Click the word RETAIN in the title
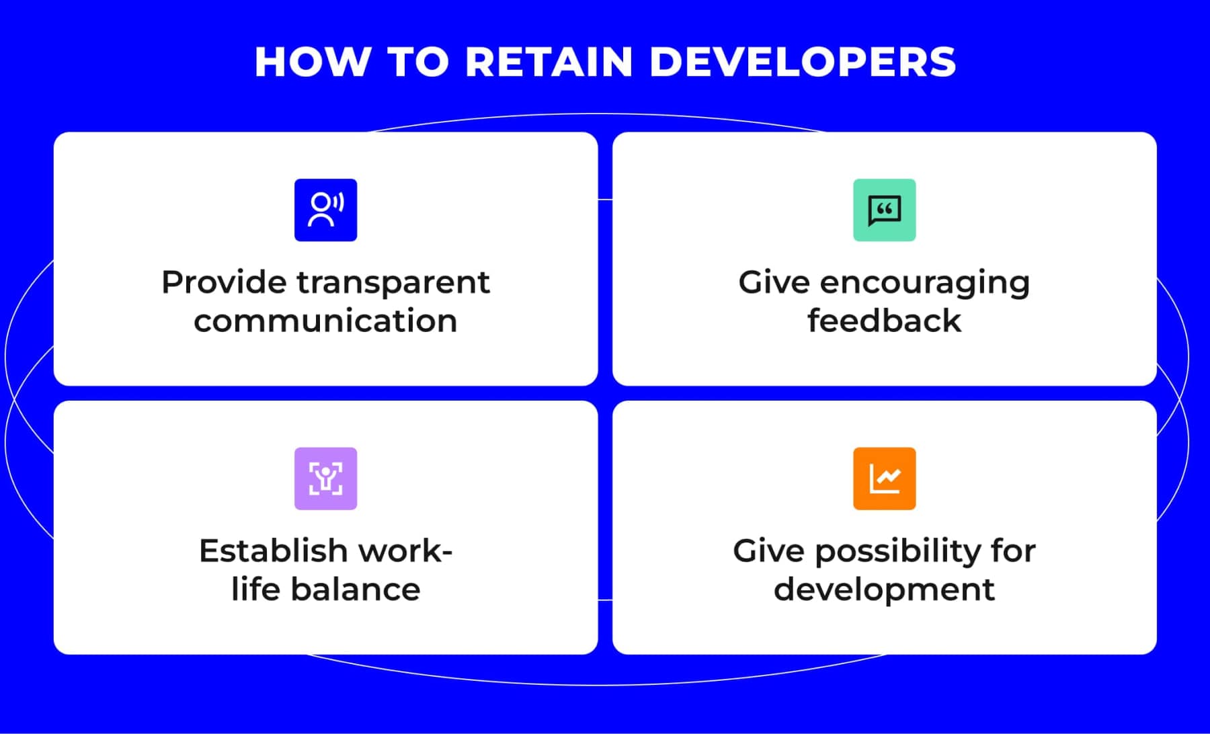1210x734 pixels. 549,62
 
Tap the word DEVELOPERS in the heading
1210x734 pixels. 803,62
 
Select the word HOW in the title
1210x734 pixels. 312,62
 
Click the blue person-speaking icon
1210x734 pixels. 325,210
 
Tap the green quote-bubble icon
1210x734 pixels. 884,210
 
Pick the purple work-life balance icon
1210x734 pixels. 325,479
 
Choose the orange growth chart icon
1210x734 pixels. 884,479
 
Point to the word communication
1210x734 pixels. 325,321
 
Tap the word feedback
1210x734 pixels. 884,321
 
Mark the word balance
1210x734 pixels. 356,589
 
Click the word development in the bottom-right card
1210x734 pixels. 884,589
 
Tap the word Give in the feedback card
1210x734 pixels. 773,282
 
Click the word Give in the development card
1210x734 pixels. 768,551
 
